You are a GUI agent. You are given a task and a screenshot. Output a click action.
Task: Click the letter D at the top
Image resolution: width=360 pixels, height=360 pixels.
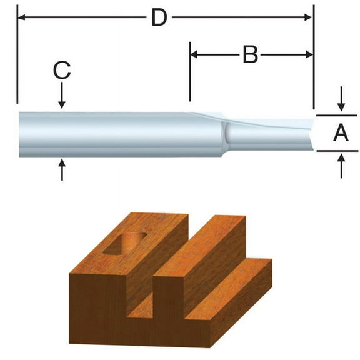(159, 17)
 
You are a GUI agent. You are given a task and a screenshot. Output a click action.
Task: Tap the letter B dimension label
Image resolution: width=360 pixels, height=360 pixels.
(250, 55)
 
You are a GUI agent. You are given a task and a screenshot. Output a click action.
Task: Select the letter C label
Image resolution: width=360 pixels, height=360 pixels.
(61, 71)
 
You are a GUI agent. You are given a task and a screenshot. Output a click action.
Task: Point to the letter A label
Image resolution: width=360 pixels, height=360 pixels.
(341, 132)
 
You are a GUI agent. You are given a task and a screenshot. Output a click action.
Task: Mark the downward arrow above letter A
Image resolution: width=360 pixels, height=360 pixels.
(341, 104)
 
